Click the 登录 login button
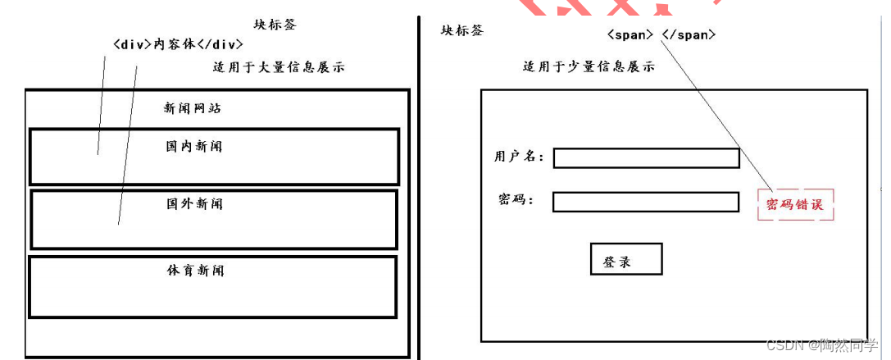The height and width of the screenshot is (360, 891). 625,260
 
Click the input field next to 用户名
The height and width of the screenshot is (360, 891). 646,158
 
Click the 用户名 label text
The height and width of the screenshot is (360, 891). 518,156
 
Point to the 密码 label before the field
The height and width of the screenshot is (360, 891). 516,199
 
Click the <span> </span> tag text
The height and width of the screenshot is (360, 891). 661,34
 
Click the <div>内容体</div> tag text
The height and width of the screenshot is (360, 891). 178,44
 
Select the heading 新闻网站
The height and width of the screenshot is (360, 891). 193,108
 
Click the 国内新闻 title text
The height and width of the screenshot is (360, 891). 194,147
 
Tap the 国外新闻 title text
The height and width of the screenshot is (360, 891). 194,203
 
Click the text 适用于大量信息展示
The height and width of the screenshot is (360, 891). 279,67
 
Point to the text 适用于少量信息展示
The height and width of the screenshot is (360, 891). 589,67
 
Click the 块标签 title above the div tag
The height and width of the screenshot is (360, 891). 275,25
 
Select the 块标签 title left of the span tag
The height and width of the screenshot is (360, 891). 462,30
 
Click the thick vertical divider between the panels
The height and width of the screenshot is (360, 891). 419,189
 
